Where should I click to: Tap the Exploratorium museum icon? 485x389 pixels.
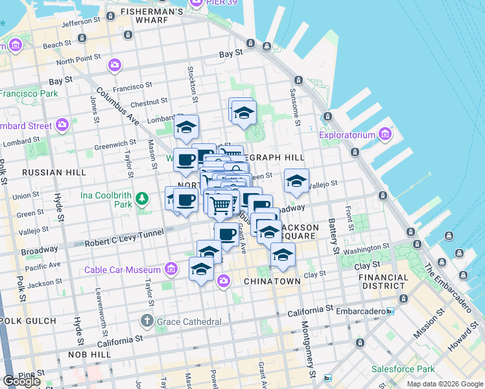[x=385, y=135]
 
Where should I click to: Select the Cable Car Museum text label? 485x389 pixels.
[x=122, y=270]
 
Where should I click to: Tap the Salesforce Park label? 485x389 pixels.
[x=403, y=369]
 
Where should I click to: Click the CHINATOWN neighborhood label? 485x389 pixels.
[x=272, y=281]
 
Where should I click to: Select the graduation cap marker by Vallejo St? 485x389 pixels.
[x=296, y=181]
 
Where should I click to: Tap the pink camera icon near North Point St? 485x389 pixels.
[x=115, y=65]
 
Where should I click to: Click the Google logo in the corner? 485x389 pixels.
[x=21, y=381]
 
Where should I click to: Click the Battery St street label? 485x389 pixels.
[x=334, y=239]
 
